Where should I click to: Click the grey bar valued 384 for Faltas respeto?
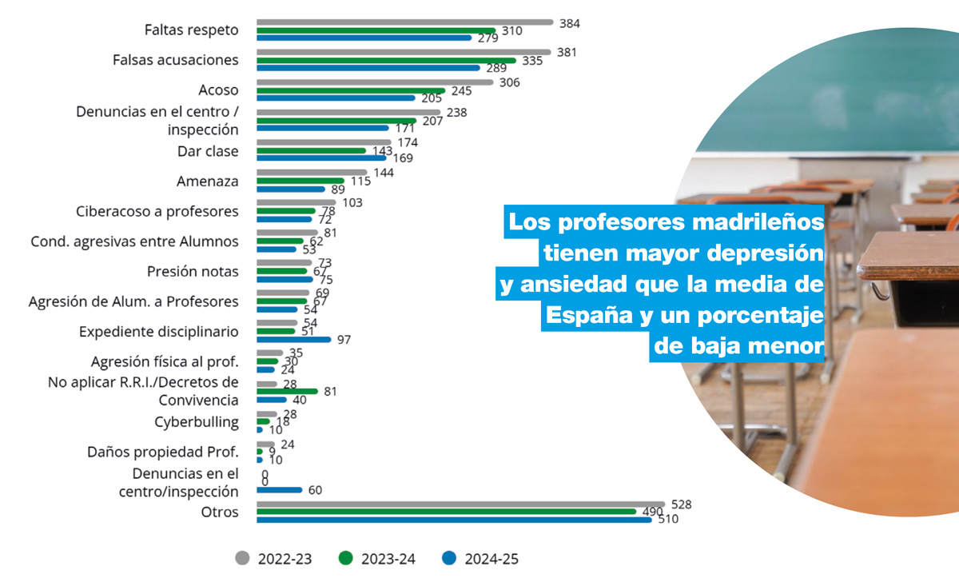(x=404, y=22)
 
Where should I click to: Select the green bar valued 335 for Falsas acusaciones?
(x=386, y=60)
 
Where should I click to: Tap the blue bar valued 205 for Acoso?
(x=336, y=98)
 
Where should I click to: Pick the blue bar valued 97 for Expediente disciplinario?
(x=293, y=339)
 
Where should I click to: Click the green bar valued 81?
(x=287, y=391)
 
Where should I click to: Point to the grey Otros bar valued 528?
(x=460, y=504)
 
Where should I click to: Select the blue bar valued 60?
(x=279, y=490)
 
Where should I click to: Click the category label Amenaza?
(x=207, y=181)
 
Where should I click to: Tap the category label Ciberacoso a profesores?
(x=157, y=212)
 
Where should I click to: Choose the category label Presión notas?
(x=193, y=272)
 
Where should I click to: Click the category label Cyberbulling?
(x=197, y=422)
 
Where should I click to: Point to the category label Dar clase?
(x=208, y=151)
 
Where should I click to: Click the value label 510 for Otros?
(x=667, y=520)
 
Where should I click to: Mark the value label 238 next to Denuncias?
(x=456, y=113)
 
